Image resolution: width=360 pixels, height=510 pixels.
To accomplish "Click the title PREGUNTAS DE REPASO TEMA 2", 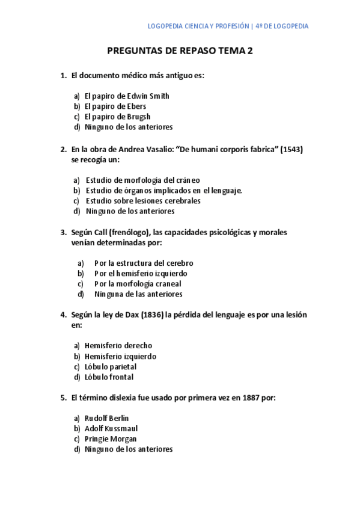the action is (180, 51).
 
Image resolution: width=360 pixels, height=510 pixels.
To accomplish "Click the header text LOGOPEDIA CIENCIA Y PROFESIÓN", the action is (198, 26).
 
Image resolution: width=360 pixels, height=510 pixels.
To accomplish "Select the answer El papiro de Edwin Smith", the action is (127, 96).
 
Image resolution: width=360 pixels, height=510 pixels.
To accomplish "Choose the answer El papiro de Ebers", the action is (115, 106).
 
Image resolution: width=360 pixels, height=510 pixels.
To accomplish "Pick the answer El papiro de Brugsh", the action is (117, 117).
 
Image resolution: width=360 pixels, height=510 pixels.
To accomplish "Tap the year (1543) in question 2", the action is (291, 149).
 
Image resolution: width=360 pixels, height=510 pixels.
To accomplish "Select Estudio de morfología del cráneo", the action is (142, 180).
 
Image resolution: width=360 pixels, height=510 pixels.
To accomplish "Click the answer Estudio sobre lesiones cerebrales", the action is (143, 201).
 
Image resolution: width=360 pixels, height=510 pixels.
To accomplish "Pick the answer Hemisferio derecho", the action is (118, 346).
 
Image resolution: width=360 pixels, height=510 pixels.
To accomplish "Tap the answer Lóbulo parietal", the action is (111, 367).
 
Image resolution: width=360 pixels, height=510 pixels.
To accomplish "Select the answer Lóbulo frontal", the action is (109, 377).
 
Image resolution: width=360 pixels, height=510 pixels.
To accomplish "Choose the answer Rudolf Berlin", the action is (107, 418).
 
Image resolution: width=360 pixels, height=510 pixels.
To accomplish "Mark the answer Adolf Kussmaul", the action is (111, 428).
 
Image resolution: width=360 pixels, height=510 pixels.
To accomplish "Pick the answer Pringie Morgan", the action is (111, 439).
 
